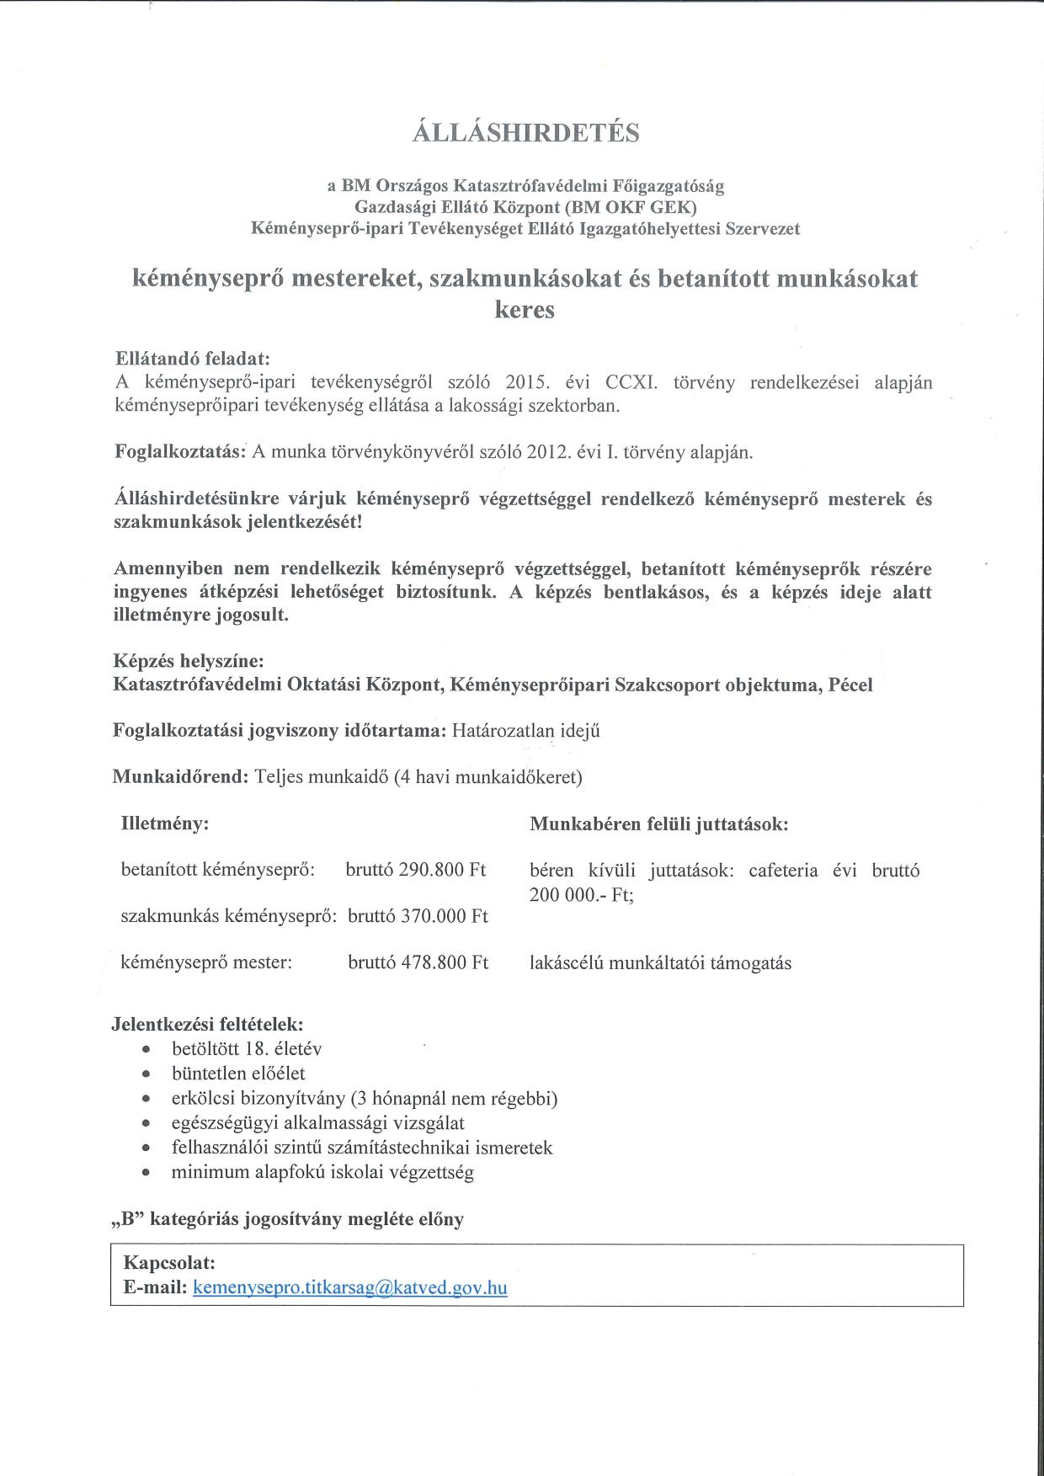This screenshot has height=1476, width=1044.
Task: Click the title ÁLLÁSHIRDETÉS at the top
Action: click(x=525, y=133)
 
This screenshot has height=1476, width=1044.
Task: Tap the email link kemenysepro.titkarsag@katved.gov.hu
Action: click(x=349, y=1287)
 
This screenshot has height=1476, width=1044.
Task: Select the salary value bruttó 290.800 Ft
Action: click(x=416, y=870)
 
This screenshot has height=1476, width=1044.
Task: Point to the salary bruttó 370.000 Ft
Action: click(x=418, y=916)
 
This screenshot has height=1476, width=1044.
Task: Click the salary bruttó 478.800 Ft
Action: click(x=418, y=962)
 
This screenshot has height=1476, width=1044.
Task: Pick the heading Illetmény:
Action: click(x=165, y=823)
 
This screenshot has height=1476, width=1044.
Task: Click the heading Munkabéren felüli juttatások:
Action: click(x=658, y=824)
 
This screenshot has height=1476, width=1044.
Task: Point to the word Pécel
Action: click(x=850, y=685)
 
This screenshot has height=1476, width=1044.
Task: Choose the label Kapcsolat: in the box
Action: click(x=169, y=1263)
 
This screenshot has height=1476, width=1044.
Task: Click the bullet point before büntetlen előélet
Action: click(x=147, y=1074)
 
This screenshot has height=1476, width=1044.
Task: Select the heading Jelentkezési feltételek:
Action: click(x=207, y=1025)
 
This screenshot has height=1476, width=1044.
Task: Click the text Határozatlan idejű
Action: click(x=525, y=731)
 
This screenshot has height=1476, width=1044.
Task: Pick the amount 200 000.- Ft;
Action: click(x=581, y=895)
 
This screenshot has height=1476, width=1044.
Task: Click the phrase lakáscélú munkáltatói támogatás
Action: click(x=660, y=963)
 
